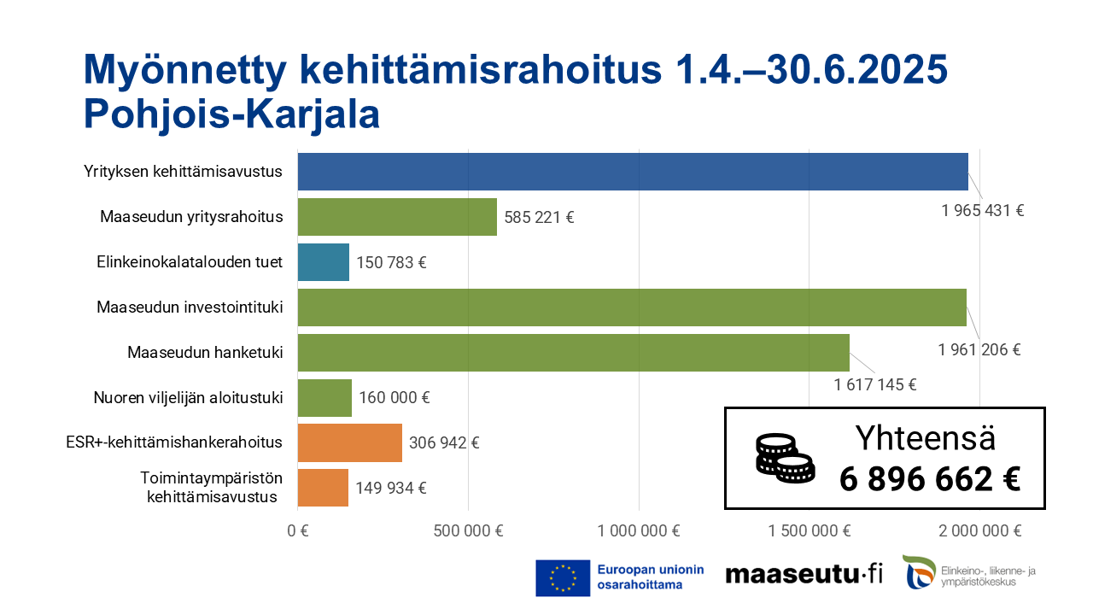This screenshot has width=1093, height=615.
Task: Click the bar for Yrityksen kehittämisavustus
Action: (633, 172)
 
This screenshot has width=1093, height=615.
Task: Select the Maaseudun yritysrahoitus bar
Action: (397, 217)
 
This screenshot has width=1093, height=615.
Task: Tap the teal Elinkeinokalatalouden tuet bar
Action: (324, 262)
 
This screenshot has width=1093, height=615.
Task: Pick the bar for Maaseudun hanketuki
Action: (573, 353)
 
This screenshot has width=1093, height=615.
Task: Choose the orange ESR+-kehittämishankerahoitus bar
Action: (350, 442)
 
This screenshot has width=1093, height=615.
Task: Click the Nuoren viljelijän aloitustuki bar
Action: (324, 398)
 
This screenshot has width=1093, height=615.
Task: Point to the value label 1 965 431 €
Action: (983, 210)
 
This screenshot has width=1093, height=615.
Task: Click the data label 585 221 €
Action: (539, 218)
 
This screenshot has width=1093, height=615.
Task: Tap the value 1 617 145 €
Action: (875, 384)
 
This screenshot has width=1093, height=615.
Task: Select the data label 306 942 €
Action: (444, 442)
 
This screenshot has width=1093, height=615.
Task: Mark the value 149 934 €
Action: (391, 489)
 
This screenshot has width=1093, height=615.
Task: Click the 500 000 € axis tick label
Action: (468, 530)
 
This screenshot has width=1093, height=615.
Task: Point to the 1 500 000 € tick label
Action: (810, 530)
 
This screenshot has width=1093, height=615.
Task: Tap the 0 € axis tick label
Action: (297, 530)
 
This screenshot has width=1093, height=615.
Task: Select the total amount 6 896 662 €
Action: (930, 479)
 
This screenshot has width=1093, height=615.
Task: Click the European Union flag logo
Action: (563, 577)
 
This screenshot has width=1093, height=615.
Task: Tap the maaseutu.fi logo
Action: (804, 575)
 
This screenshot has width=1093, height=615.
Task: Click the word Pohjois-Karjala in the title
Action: (231, 114)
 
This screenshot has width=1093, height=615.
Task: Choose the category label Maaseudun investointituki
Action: (190, 307)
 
